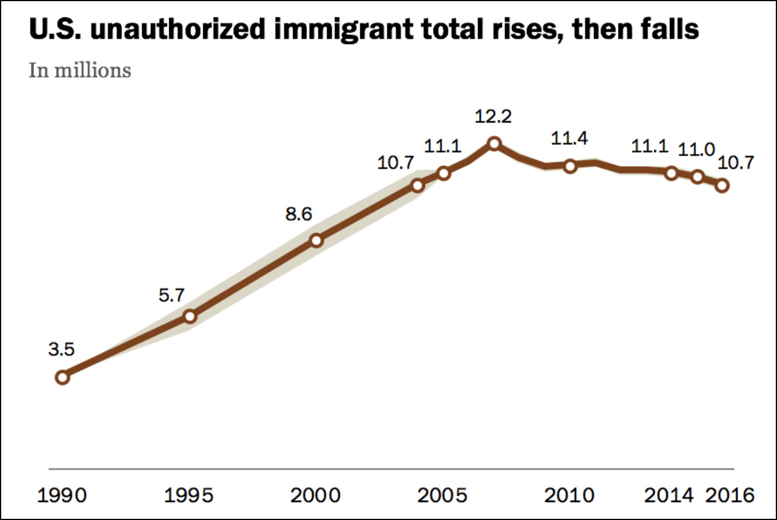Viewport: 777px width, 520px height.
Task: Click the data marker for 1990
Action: tap(62, 377)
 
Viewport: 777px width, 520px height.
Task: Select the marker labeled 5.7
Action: tap(190, 316)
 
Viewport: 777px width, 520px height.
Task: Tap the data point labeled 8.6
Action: tap(316, 240)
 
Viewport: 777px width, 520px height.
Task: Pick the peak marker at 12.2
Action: tap(494, 143)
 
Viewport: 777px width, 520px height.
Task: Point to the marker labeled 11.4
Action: tap(570, 166)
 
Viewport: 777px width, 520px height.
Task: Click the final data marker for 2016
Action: tap(722, 186)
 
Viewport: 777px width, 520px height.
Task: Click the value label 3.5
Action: tap(62, 350)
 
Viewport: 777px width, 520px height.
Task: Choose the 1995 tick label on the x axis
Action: tap(190, 496)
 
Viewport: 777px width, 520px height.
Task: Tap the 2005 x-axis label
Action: tap(443, 496)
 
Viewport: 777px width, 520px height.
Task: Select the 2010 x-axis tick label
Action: tap(570, 496)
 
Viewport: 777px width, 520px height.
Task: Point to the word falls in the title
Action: tap(665, 29)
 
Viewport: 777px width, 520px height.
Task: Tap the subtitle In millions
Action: tap(80, 71)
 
